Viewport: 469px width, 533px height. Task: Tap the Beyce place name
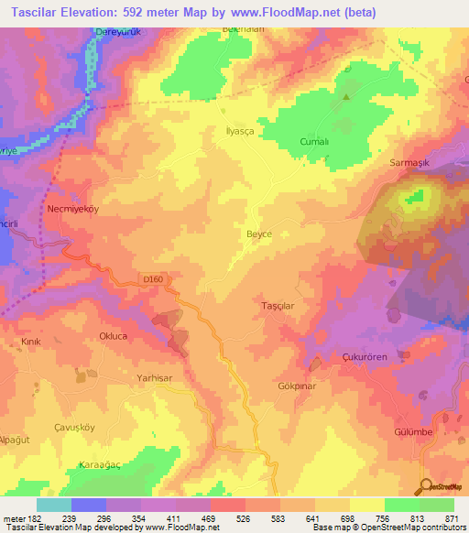click(259, 234)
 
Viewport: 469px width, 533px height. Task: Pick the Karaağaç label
click(98, 464)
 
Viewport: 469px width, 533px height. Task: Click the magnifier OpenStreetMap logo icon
click(424, 486)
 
